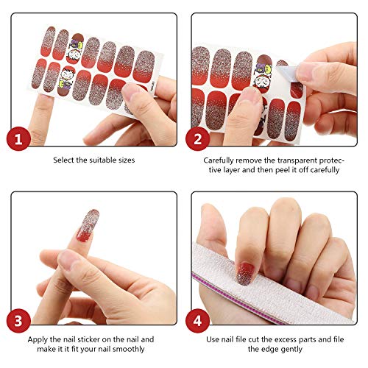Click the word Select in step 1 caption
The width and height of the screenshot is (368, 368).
pyautogui.click(x=64, y=159)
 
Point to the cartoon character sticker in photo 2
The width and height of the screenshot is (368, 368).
pyautogui.click(x=263, y=77)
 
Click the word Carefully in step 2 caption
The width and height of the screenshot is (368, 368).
pyautogui.click(x=219, y=159)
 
